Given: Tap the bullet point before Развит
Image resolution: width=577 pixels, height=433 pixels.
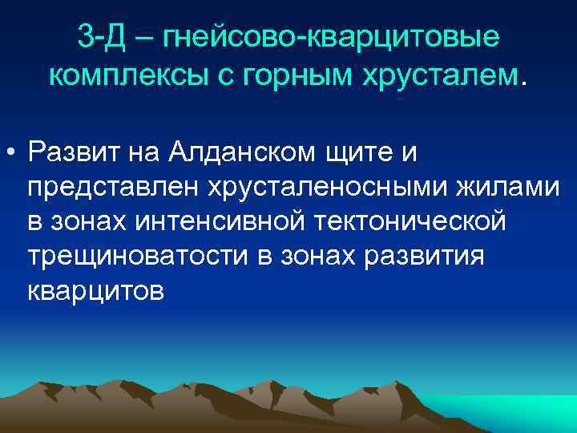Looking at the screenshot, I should pyautogui.click(x=14, y=152).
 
